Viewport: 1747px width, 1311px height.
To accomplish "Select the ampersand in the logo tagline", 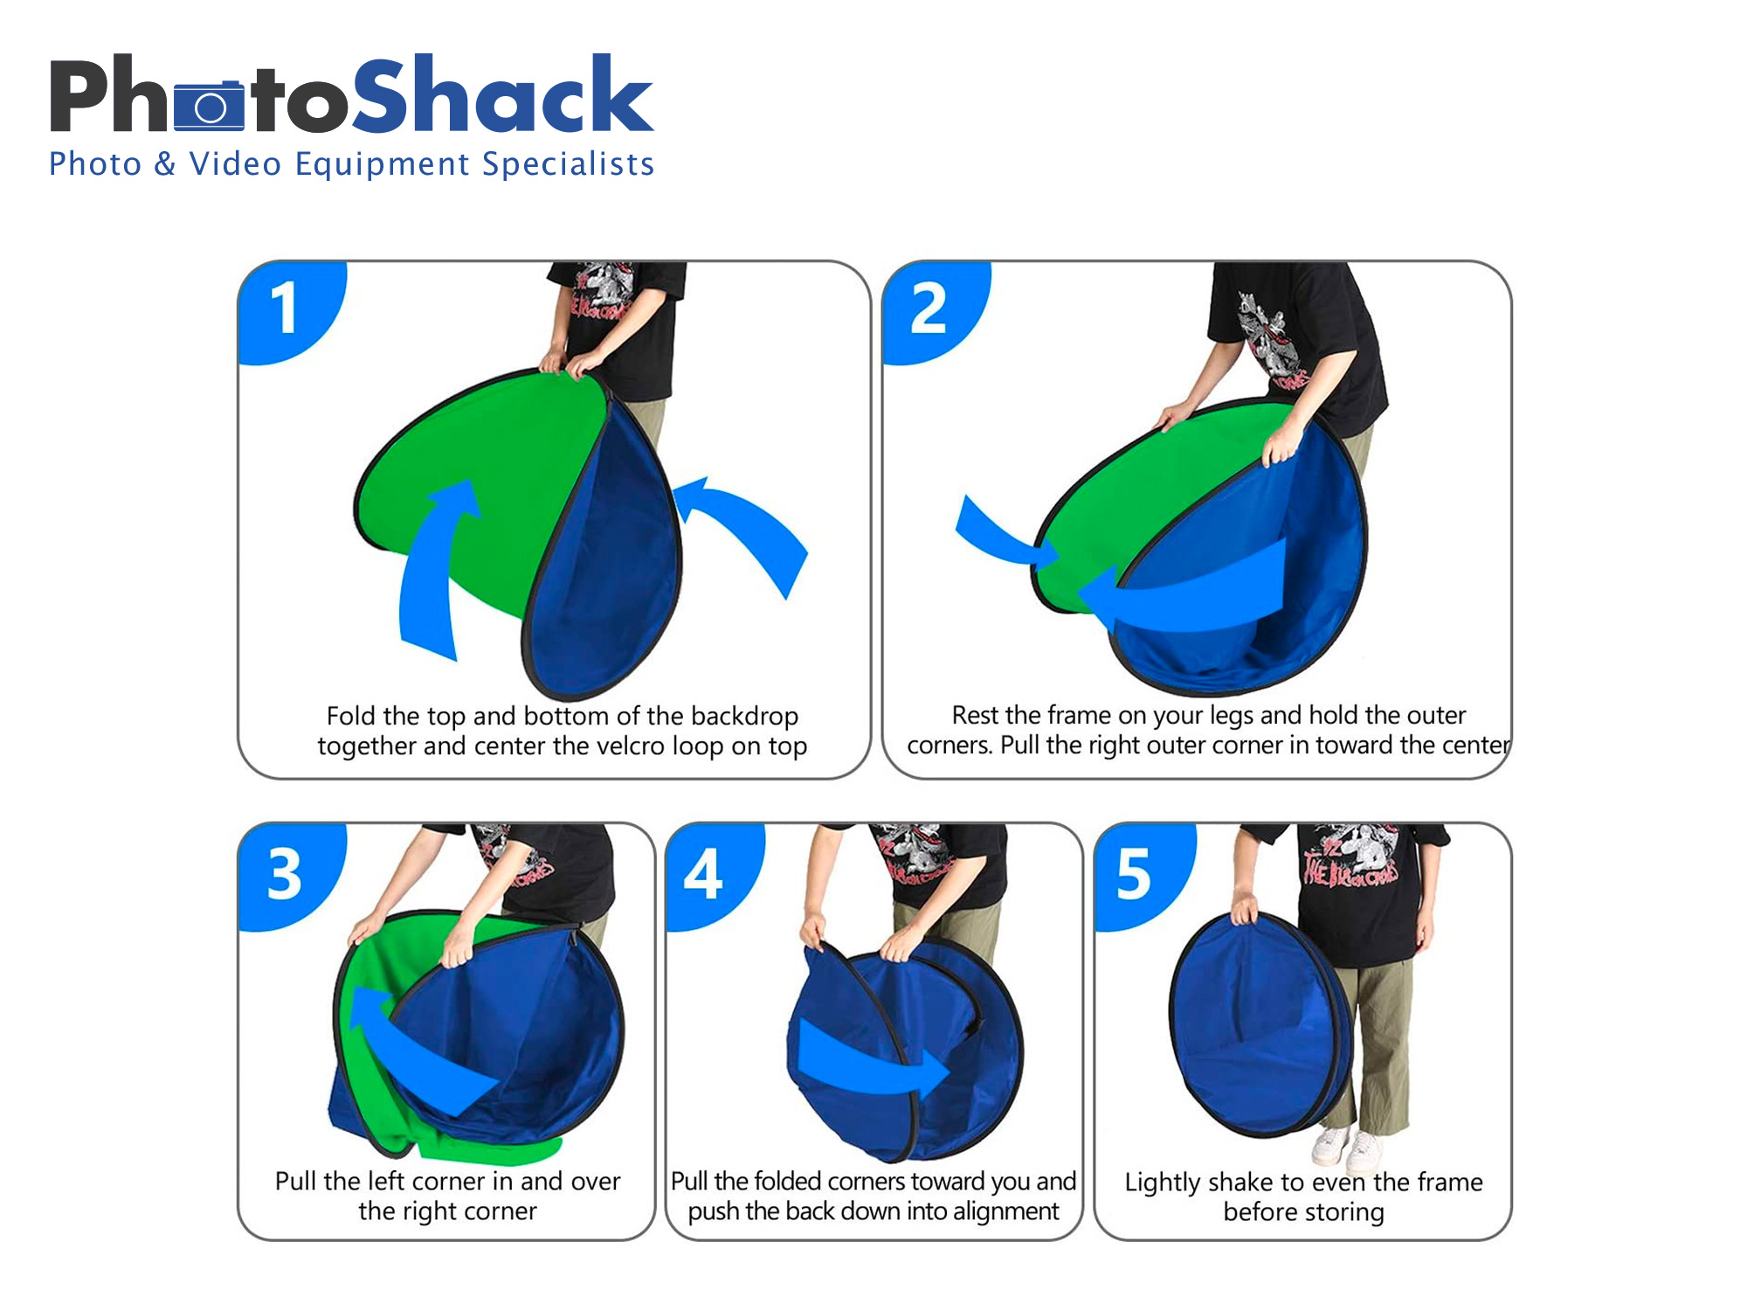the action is (165, 164).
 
